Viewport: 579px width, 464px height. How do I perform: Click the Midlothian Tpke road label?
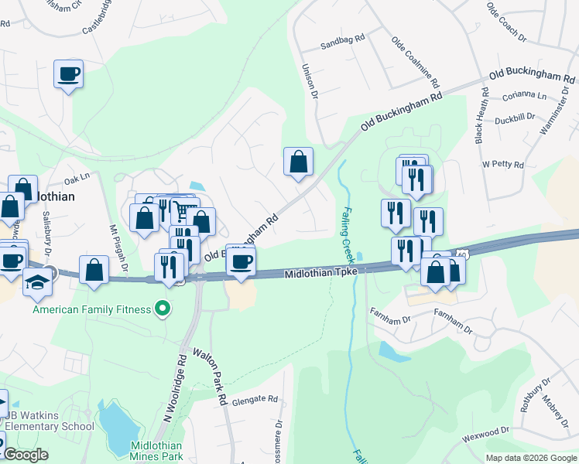321,274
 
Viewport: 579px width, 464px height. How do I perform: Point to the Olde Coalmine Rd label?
416,62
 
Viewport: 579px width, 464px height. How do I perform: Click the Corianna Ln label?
524,96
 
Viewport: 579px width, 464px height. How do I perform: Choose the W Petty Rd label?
502,165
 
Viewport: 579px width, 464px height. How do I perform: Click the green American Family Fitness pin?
162,310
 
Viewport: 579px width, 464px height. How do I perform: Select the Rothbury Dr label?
533,394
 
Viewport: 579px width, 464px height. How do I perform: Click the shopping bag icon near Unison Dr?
298,162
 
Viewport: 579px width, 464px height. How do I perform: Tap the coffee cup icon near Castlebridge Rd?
69,74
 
